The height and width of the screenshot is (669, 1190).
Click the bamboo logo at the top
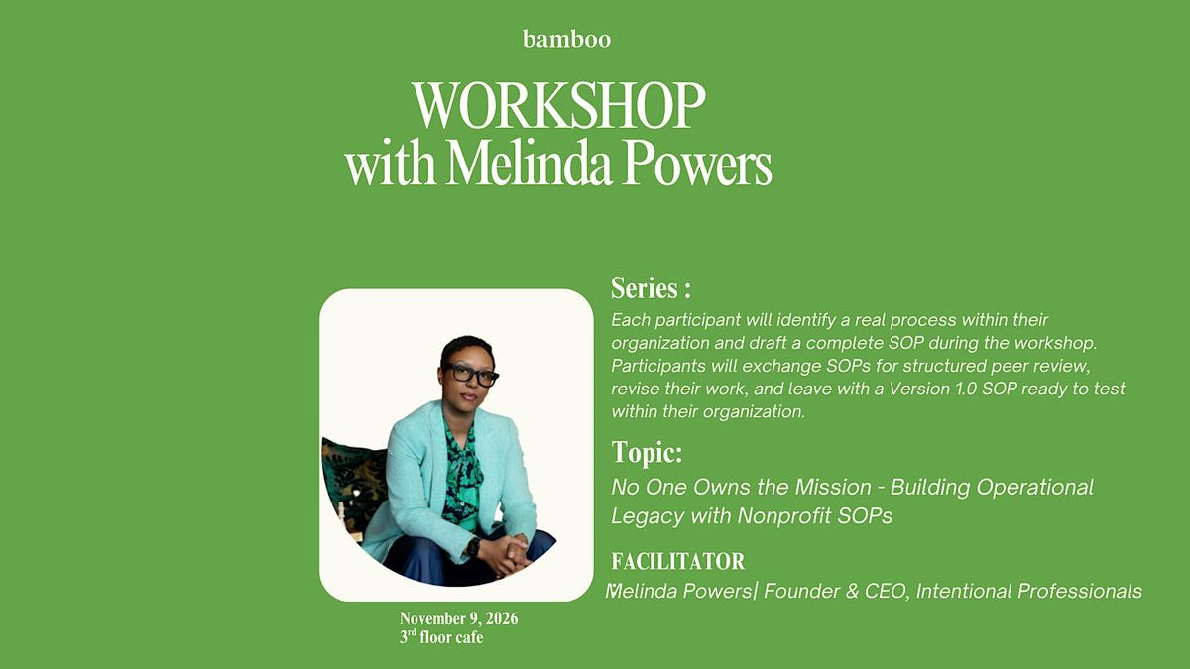tap(567, 40)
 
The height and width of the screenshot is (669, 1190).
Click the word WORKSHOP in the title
tap(559, 105)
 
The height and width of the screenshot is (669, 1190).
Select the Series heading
tap(651, 288)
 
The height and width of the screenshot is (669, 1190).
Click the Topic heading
tap(647, 452)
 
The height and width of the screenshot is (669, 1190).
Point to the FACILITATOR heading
tap(678, 561)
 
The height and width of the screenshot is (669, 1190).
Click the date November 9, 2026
tap(458, 619)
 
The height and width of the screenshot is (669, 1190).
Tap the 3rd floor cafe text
tap(441, 637)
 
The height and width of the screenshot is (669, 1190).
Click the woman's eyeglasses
tap(470, 375)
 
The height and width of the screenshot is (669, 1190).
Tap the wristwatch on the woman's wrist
tap(472, 546)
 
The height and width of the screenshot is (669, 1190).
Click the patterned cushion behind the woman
tap(353, 484)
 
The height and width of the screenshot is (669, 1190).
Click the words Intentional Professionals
tap(1029, 591)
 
